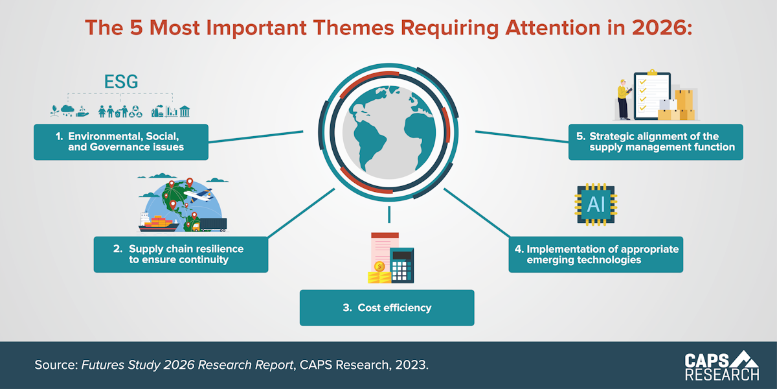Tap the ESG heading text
point(121,82)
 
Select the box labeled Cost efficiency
point(387,307)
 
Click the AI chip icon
point(595,205)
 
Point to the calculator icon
point(401,265)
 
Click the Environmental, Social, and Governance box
point(121,141)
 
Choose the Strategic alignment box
point(655,141)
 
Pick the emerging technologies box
point(595,254)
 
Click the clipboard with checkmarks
point(651,94)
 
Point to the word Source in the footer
point(55,365)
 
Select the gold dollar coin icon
point(379,266)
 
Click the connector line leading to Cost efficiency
point(388,215)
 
